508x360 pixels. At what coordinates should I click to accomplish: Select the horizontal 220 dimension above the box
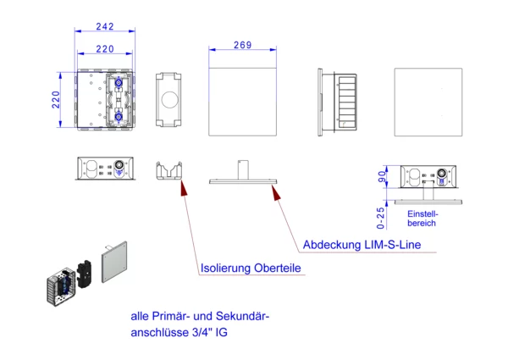[106, 48]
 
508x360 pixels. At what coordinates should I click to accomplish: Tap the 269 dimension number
[242, 45]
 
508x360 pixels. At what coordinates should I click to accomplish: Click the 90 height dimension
[382, 176]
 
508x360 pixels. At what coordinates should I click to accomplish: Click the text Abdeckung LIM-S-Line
[362, 246]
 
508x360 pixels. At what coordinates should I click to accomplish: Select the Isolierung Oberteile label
[251, 269]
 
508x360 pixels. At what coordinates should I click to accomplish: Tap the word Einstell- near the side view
[423, 213]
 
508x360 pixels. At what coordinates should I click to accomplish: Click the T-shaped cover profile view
[243, 173]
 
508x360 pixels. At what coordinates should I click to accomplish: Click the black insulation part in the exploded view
[85, 274]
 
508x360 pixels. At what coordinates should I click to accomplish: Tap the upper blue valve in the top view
[117, 83]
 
